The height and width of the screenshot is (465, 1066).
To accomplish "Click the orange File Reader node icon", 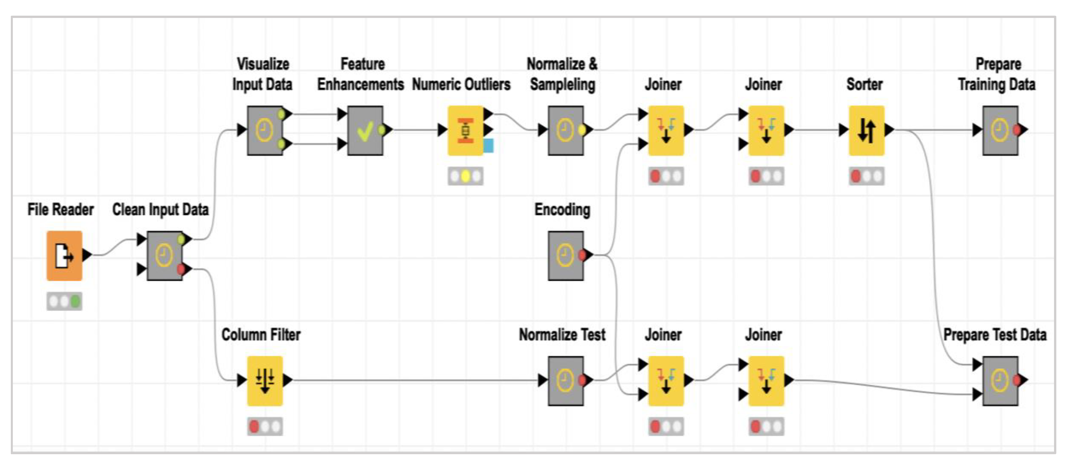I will click(64, 256).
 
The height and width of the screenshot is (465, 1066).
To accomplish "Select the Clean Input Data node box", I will click(164, 256).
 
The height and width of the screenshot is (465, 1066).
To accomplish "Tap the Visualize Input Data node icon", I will click(265, 130).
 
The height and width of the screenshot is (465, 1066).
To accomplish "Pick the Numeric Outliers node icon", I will click(465, 130).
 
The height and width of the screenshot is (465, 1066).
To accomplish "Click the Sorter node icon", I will click(866, 130).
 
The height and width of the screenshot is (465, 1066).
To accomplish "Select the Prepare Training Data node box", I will click(1000, 130).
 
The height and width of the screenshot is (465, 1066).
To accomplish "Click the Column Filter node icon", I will click(265, 381).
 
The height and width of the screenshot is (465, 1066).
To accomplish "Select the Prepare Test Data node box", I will click(1000, 381).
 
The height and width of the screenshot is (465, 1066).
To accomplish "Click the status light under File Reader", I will click(64, 301).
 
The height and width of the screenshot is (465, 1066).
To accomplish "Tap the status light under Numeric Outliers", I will click(465, 176).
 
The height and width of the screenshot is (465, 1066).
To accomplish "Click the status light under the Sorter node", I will click(866, 176).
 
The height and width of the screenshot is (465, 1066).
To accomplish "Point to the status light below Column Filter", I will click(265, 427).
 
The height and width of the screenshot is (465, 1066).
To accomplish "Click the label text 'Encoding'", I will click(562, 210).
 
